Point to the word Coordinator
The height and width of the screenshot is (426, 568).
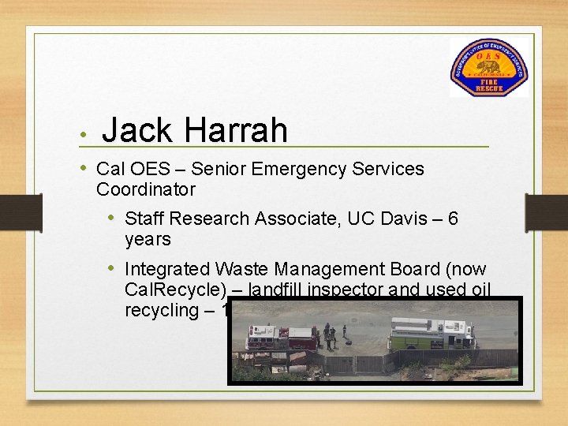(x=145, y=189)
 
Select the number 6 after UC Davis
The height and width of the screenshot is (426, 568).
(x=452, y=219)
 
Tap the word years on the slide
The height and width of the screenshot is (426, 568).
(x=148, y=238)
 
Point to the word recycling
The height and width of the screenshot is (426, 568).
(x=161, y=310)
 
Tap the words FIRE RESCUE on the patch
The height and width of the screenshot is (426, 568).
(x=488, y=84)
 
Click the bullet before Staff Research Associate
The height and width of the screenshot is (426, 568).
(x=114, y=219)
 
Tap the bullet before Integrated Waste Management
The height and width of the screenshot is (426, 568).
(x=114, y=270)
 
